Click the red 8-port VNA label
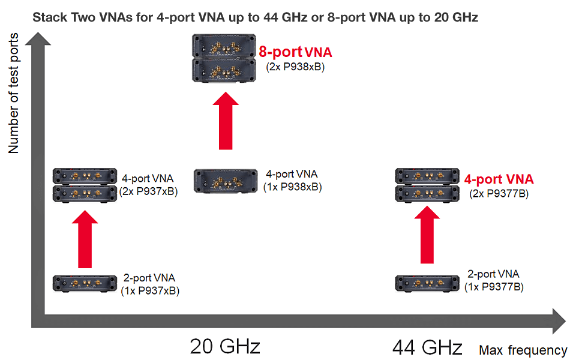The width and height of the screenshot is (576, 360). pyautogui.click(x=295, y=52)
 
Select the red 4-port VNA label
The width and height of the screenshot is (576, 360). pyautogui.click(x=499, y=179)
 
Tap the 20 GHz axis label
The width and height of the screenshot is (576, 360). pyautogui.click(x=225, y=347)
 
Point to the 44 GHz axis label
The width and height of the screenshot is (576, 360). pyautogui.click(x=427, y=347)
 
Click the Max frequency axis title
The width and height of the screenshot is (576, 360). pyautogui.click(x=523, y=350)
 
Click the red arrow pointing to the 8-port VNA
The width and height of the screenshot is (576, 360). pyautogui.click(x=226, y=120)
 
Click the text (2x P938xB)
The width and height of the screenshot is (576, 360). pyautogui.click(x=295, y=67)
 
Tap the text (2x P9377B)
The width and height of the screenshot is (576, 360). pyautogui.click(x=499, y=193)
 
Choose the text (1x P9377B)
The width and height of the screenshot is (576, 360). pyautogui.click(x=494, y=287)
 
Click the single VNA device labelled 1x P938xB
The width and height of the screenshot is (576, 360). pyautogui.click(x=222, y=181)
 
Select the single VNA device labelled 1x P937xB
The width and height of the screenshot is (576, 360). pyautogui.click(x=84, y=283)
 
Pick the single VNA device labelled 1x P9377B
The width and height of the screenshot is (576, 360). pyautogui.click(x=427, y=283)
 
